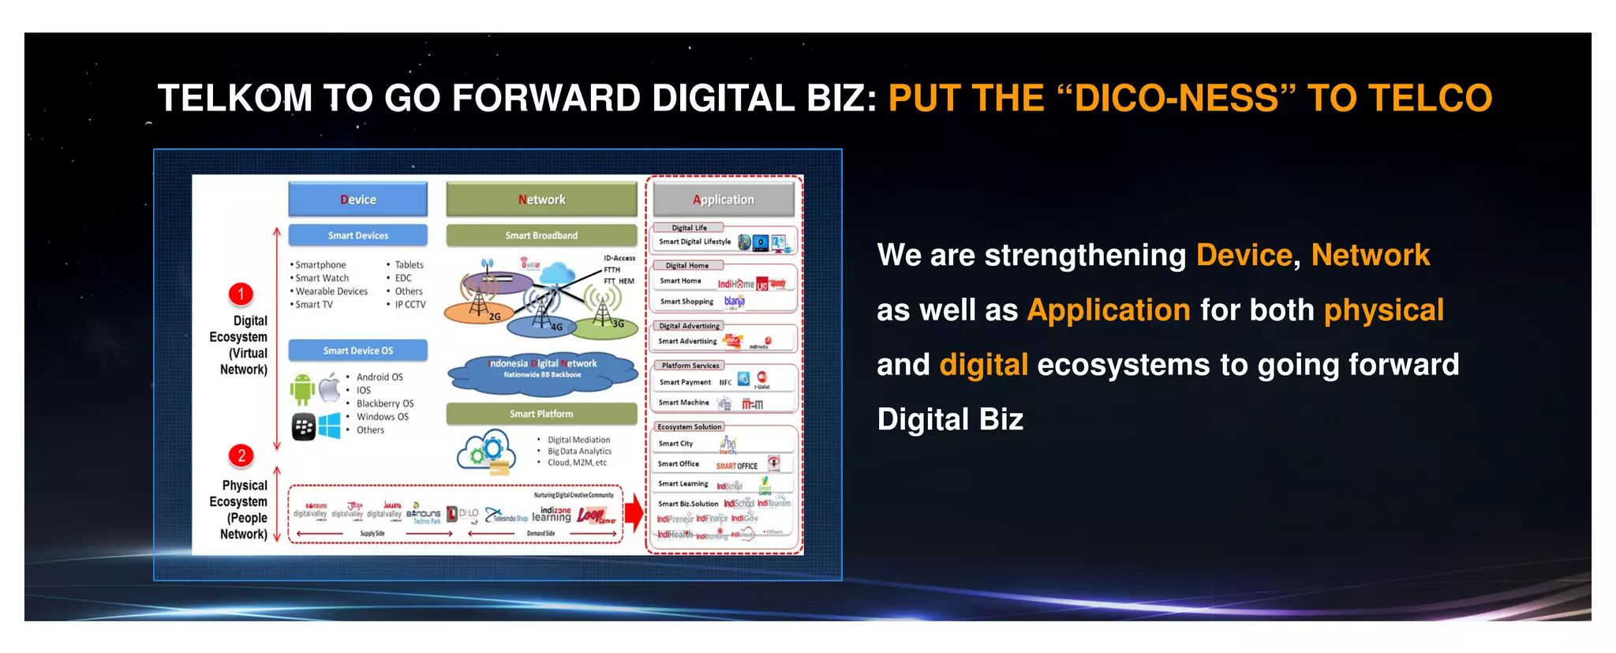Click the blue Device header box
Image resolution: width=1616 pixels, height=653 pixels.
pyautogui.click(x=357, y=200)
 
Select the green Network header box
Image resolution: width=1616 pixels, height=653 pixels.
pyautogui.click(x=541, y=200)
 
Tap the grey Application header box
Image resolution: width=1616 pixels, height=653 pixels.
pyautogui.click(x=724, y=200)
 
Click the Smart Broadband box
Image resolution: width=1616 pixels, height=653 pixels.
pyautogui.click(x=541, y=235)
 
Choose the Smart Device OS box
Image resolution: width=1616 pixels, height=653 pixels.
pyautogui.click(x=357, y=351)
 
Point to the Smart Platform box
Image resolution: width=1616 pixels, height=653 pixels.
pyautogui.click(x=541, y=414)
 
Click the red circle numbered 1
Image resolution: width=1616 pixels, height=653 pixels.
pyautogui.click(x=241, y=295)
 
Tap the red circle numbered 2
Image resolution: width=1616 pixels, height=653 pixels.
pyautogui.click(x=241, y=456)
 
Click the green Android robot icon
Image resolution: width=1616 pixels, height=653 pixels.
pyautogui.click(x=302, y=388)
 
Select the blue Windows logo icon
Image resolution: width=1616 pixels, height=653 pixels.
pyautogui.click(x=329, y=426)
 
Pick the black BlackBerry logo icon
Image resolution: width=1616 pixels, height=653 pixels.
pyautogui.click(x=304, y=427)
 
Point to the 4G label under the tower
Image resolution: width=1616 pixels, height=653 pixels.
pyautogui.click(x=556, y=327)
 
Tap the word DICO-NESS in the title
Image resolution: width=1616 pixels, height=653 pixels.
pyautogui.click(x=1176, y=99)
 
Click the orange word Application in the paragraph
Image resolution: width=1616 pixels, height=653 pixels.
pyautogui.click(x=1109, y=310)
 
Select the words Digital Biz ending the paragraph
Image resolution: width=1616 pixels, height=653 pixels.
pyautogui.click(x=950, y=419)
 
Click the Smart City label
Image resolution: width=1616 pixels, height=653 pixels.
pyautogui.click(x=675, y=444)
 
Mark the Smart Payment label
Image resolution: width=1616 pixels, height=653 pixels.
pyautogui.click(x=685, y=382)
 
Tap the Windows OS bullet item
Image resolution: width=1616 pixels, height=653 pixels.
pyautogui.click(x=382, y=417)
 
